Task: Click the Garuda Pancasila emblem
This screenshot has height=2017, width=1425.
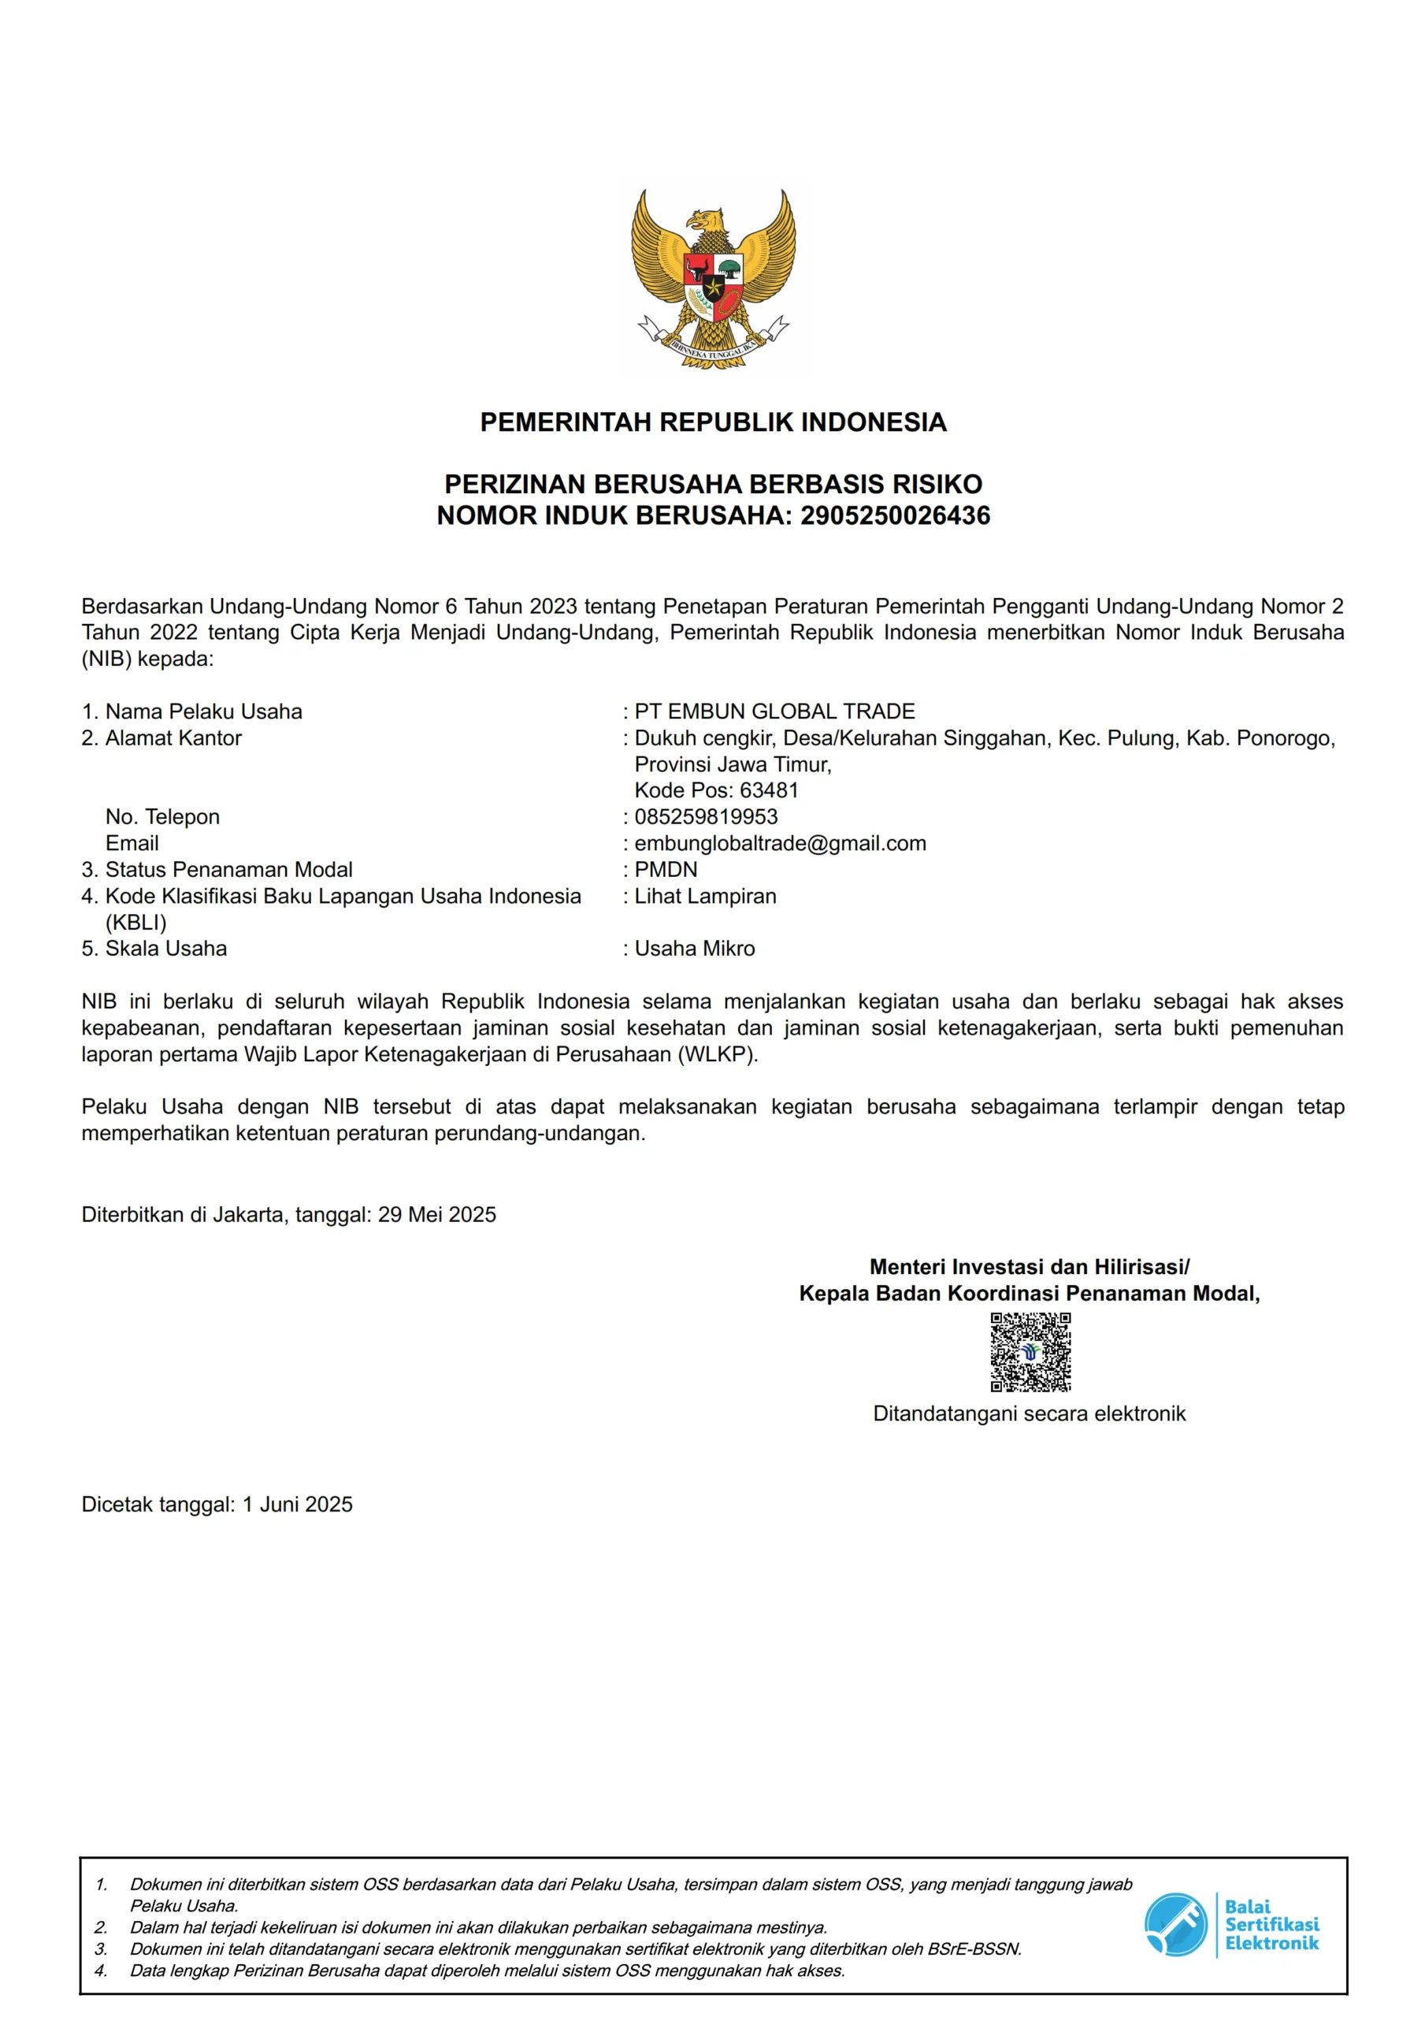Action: point(712,280)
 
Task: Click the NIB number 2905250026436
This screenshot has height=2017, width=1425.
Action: point(894,515)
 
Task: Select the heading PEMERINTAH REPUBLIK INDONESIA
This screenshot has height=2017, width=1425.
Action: point(712,422)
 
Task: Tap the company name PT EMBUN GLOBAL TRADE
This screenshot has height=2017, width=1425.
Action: point(774,711)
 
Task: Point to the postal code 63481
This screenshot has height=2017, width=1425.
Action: point(769,790)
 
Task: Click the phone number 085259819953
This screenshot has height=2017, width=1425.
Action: point(706,817)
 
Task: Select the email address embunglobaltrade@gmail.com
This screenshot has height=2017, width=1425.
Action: point(779,843)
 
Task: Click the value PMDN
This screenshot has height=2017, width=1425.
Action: point(666,870)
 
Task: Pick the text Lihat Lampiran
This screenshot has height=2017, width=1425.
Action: point(706,896)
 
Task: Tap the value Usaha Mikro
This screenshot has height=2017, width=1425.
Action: point(694,949)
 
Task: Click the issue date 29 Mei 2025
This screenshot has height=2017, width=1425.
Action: point(436,1215)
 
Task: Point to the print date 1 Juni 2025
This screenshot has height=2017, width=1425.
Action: point(297,1505)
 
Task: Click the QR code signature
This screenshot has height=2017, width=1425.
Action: point(1030,1353)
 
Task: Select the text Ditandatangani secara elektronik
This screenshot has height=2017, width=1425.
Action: point(1029,1413)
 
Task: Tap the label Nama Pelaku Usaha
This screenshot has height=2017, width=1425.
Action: point(203,711)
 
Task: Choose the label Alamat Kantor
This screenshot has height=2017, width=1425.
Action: point(173,738)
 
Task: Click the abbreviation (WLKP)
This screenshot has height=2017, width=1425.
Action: point(717,1054)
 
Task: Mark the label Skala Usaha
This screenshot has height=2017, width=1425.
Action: point(165,949)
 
